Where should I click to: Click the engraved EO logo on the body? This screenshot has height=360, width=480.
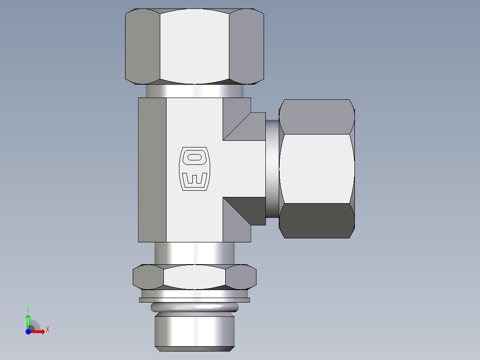(194, 169)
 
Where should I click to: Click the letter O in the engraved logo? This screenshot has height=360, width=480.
(194, 157)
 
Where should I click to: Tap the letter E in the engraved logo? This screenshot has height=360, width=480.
(194, 179)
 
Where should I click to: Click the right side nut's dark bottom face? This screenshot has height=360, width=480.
(317, 221)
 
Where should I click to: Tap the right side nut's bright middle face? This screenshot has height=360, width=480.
(317, 168)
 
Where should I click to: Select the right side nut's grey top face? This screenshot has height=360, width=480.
(317, 116)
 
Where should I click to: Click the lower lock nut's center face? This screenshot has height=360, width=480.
(194, 276)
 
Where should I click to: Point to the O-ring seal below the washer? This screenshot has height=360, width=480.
(195, 307)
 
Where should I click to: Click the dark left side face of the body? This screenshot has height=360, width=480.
(152, 170)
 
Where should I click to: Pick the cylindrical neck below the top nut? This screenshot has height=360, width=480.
(194, 91)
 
